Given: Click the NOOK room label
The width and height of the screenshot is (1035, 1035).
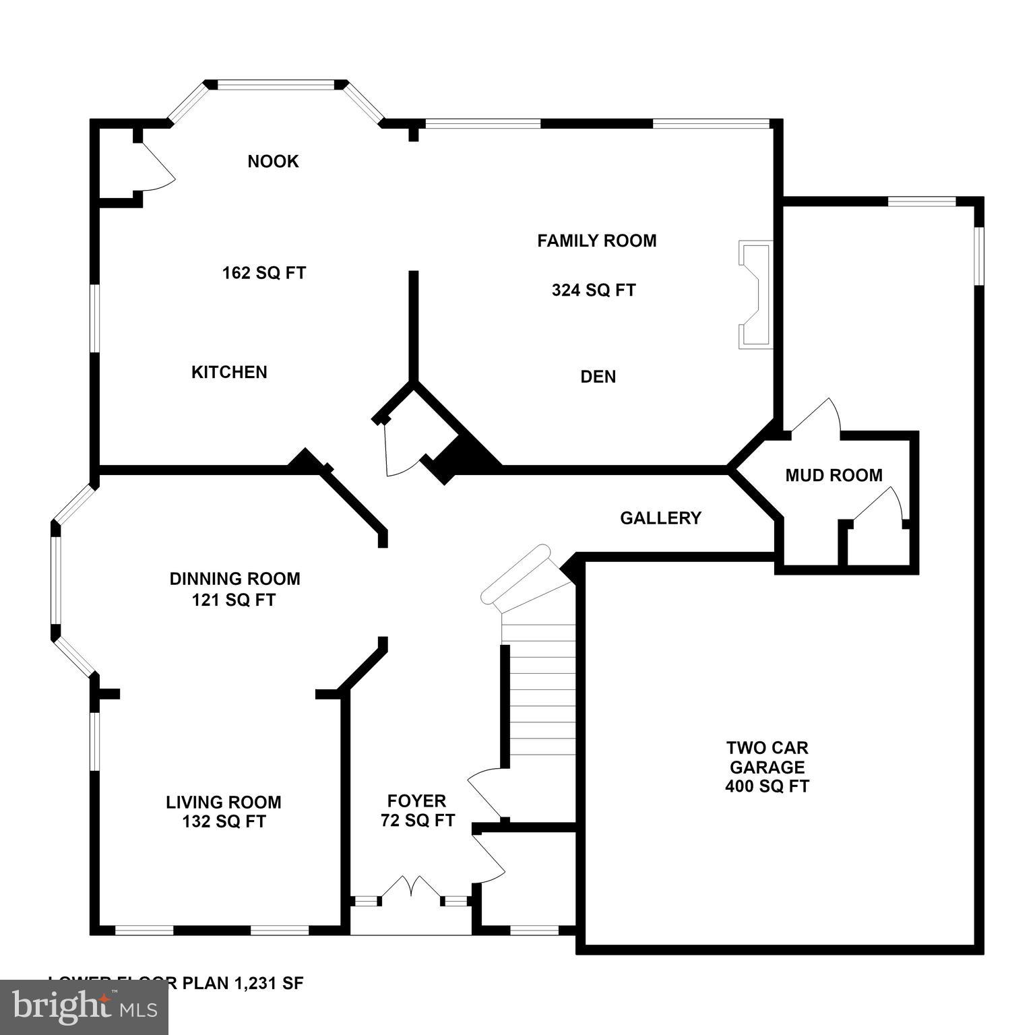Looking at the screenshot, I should [273, 161].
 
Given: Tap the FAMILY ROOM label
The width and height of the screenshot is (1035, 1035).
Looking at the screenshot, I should [596, 241].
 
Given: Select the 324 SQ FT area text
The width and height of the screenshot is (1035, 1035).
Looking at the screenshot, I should [594, 290].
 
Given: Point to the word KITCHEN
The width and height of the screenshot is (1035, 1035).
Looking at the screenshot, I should [229, 372].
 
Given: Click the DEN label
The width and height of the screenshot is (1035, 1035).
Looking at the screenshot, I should [598, 377].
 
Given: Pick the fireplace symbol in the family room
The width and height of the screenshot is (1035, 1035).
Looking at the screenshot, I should [755, 295].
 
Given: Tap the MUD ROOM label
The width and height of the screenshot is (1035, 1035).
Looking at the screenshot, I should [834, 476].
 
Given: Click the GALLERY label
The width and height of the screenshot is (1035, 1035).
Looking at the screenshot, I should [660, 518].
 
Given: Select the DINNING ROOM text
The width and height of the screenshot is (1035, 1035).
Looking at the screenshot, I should [234, 579].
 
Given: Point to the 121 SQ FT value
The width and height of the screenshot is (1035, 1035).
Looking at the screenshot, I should [234, 600].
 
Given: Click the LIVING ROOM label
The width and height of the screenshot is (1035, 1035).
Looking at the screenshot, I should [224, 802].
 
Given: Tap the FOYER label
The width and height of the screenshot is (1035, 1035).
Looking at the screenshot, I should [416, 801].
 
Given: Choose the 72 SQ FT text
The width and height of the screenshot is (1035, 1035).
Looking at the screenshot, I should [418, 821].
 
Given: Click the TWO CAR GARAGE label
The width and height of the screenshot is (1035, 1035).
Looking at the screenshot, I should [767, 757].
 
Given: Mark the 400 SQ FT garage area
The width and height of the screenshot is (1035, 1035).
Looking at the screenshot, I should [767, 786].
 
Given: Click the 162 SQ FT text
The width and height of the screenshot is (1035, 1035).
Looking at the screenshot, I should [264, 273].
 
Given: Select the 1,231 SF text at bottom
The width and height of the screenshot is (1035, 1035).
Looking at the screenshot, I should [269, 983].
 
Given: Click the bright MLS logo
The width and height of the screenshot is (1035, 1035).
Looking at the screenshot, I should [84, 1007].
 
